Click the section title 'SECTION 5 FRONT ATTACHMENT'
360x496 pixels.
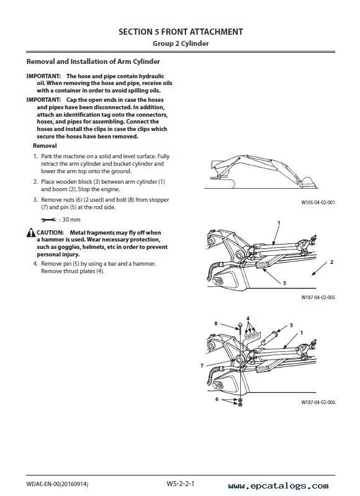point(181,32)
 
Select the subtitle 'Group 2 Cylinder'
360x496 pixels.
point(181,43)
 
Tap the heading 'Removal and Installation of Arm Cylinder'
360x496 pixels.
point(93,61)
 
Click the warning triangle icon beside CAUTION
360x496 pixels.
point(31,233)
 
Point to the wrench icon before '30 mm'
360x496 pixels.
point(48,220)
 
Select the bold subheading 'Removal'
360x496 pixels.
point(45,146)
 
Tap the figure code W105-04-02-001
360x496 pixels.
point(318,202)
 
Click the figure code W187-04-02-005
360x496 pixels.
point(318,297)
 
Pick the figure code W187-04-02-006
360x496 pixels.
point(318,402)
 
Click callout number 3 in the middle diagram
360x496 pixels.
point(284,283)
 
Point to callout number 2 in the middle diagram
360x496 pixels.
point(331,262)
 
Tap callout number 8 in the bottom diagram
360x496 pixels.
point(216,323)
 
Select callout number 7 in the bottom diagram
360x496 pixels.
point(202,366)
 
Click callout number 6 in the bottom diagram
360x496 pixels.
point(217,399)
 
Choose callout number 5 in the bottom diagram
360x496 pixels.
point(291,325)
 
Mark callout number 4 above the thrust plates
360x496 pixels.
point(248,318)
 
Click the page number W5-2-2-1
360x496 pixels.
point(181,484)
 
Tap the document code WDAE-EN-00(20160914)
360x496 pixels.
point(57,484)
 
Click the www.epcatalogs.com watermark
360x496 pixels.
point(279,486)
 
